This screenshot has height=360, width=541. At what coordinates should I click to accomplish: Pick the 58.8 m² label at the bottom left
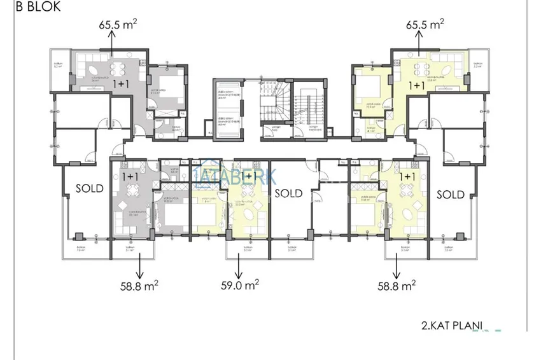click(x=137, y=286)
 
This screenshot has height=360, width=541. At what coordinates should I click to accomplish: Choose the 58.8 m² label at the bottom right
click(x=396, y=286)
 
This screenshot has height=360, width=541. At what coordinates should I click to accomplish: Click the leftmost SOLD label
click(x=90, y=189)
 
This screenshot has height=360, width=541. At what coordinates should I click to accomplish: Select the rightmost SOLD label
click(x=451, y=193)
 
